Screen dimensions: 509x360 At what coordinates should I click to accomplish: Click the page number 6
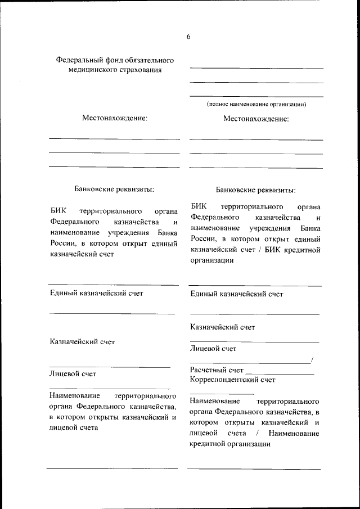point(188,37)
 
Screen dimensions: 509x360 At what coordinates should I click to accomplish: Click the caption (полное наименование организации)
point(256,104)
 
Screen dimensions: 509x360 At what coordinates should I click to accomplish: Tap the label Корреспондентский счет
point(233,380)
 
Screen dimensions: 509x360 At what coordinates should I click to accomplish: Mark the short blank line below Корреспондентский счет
point(222,393)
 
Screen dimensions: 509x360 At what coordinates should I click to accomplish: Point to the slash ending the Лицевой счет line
point(312,360)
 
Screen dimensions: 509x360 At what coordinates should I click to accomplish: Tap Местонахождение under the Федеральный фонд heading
point(115,118)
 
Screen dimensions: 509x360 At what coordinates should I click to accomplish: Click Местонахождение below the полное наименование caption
point(256,119)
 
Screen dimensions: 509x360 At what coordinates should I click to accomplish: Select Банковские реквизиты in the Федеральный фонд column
point(114,190)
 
